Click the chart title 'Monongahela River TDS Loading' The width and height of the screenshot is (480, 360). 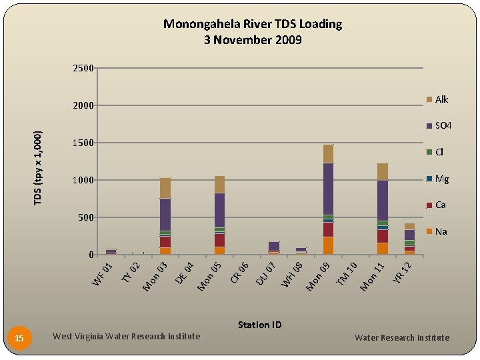[253, 24]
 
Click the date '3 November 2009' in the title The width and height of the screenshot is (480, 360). [253, 40]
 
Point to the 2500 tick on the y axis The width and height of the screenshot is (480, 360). [83, 68]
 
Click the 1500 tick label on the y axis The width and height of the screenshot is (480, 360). [83, 143]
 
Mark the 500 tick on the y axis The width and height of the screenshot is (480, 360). [86, 217]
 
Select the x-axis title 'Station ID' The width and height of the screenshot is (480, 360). [259, 325]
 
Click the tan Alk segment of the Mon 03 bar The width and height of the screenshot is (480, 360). [165, 188]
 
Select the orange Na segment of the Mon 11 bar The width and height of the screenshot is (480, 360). [383, 248]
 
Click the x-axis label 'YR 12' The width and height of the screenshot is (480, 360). [405, 271]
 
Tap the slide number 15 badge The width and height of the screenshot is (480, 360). [19, 339]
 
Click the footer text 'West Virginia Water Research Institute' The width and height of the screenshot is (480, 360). [126, 336]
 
